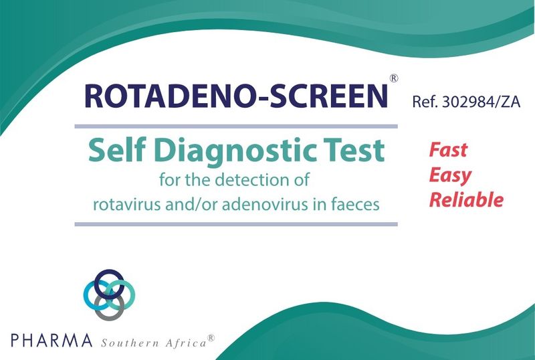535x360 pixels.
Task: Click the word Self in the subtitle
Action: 112,151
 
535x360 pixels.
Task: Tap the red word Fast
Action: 448,150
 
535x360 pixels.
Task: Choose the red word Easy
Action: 450,175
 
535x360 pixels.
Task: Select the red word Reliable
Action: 466,199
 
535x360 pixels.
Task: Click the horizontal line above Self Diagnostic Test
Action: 235,126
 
